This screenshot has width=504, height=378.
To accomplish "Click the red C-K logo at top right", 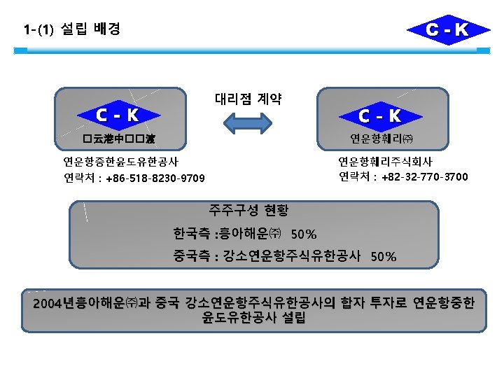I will (438, 29).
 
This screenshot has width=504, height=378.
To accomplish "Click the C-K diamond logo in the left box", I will (118, 113).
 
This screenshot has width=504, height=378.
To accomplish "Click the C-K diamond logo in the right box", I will (379, 115).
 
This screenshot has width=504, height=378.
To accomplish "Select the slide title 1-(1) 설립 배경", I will (71, 29).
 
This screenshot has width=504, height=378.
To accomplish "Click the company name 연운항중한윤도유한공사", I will (120, 162).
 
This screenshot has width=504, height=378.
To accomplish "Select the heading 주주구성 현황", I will (248, 209).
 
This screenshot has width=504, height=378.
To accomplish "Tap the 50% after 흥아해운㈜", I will (303, 234).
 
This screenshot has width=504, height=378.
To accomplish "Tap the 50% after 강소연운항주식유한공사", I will (384, 256).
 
